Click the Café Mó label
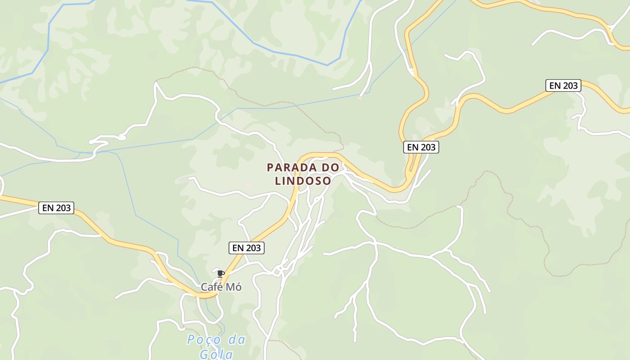(x=221, y=287)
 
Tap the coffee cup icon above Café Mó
(x=220, y=273)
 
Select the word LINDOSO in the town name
(x=303, y=181)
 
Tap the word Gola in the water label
(x=216, y=354)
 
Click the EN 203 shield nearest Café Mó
(x=246, y=247)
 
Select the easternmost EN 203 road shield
(x=563, y=85)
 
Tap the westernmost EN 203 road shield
(x=57, y=207)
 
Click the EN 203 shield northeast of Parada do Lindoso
(x=421, y=147)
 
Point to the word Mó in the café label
(x=235, y=287)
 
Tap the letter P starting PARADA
(x=270, y=167)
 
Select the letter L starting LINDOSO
(x=278, y=181)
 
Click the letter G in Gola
(x=204, y=354)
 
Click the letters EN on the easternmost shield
(x=553, y=85)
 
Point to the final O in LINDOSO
(x=327, y=181)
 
